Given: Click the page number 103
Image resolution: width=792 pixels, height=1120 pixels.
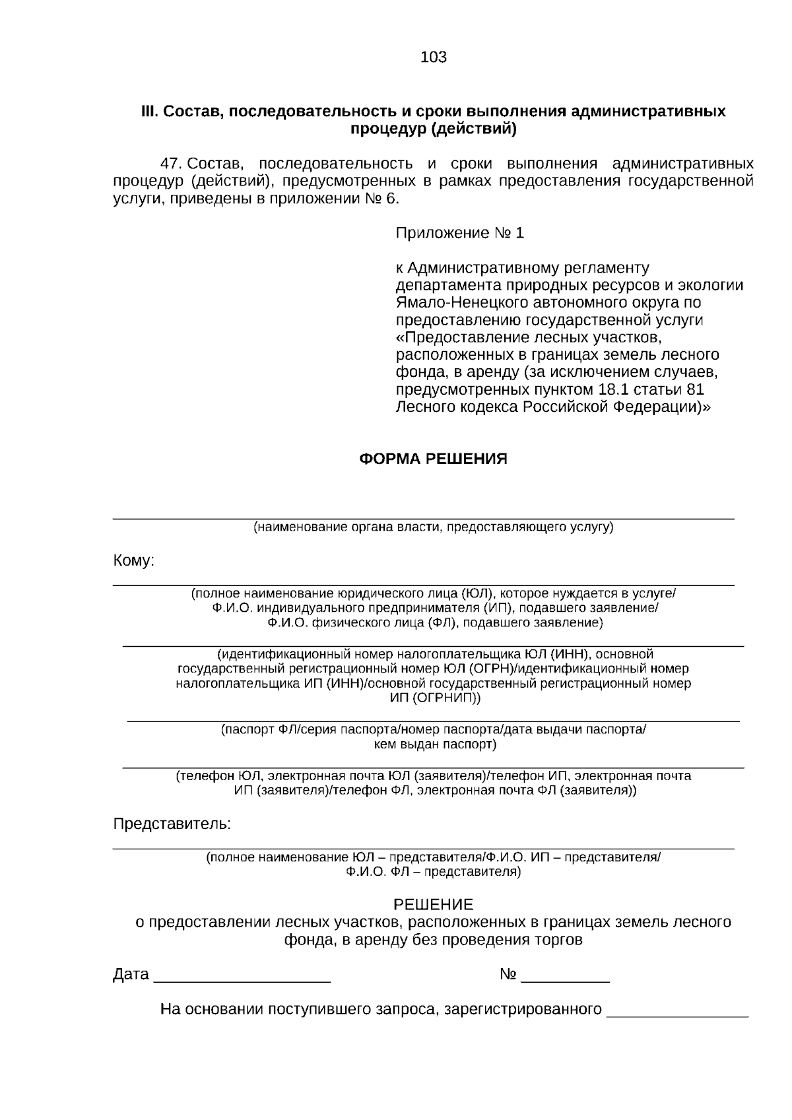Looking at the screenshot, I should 433,57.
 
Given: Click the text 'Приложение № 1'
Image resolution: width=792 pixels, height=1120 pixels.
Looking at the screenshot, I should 459,233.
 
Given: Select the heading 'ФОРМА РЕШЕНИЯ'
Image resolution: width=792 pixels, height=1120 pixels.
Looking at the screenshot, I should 433,459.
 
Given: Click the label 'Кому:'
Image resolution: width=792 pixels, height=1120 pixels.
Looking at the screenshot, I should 134,561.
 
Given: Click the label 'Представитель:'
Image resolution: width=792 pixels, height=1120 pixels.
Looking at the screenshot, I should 172,824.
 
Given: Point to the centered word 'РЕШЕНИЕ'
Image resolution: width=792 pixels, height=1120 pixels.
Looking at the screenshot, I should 433,904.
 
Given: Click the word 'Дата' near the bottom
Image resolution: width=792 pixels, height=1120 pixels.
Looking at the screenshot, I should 131,975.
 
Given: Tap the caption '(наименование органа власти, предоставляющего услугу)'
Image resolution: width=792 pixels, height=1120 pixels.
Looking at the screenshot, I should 433,527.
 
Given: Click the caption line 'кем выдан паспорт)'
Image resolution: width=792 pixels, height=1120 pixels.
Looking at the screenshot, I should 434,744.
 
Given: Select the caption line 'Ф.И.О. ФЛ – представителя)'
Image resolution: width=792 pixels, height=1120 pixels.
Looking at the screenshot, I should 433,872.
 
